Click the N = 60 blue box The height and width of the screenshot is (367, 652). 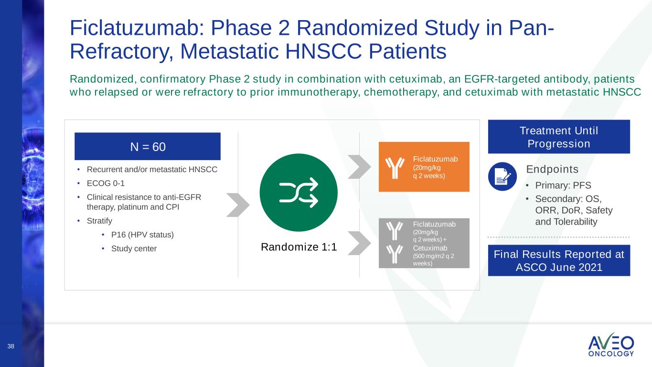[148, 146]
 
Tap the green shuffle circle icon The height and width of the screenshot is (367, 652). [299, 193]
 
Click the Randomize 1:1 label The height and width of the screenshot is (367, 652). [299, 247]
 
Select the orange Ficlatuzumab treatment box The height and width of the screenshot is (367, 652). [424, 167]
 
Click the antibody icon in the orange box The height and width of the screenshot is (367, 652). [395, 168]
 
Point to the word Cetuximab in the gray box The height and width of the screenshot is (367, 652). [430, 248]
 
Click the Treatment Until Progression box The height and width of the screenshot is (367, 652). [559, 137]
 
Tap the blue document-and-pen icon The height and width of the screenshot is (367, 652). [502, 176]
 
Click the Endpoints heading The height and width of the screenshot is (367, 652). [552, 169]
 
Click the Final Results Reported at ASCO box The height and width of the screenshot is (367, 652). [559, 260]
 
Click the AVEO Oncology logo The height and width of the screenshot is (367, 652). [611, 345]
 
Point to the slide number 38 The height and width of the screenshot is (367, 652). [11, 346]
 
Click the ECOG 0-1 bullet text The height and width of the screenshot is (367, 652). [106, 183]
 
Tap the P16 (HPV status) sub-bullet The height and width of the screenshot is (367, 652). [142, 235]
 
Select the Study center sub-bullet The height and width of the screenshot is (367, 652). [134, 248]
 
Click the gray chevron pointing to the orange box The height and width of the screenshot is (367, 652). [360, 167]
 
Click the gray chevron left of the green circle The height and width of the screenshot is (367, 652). [238, 205]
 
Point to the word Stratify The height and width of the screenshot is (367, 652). [99, 221]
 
